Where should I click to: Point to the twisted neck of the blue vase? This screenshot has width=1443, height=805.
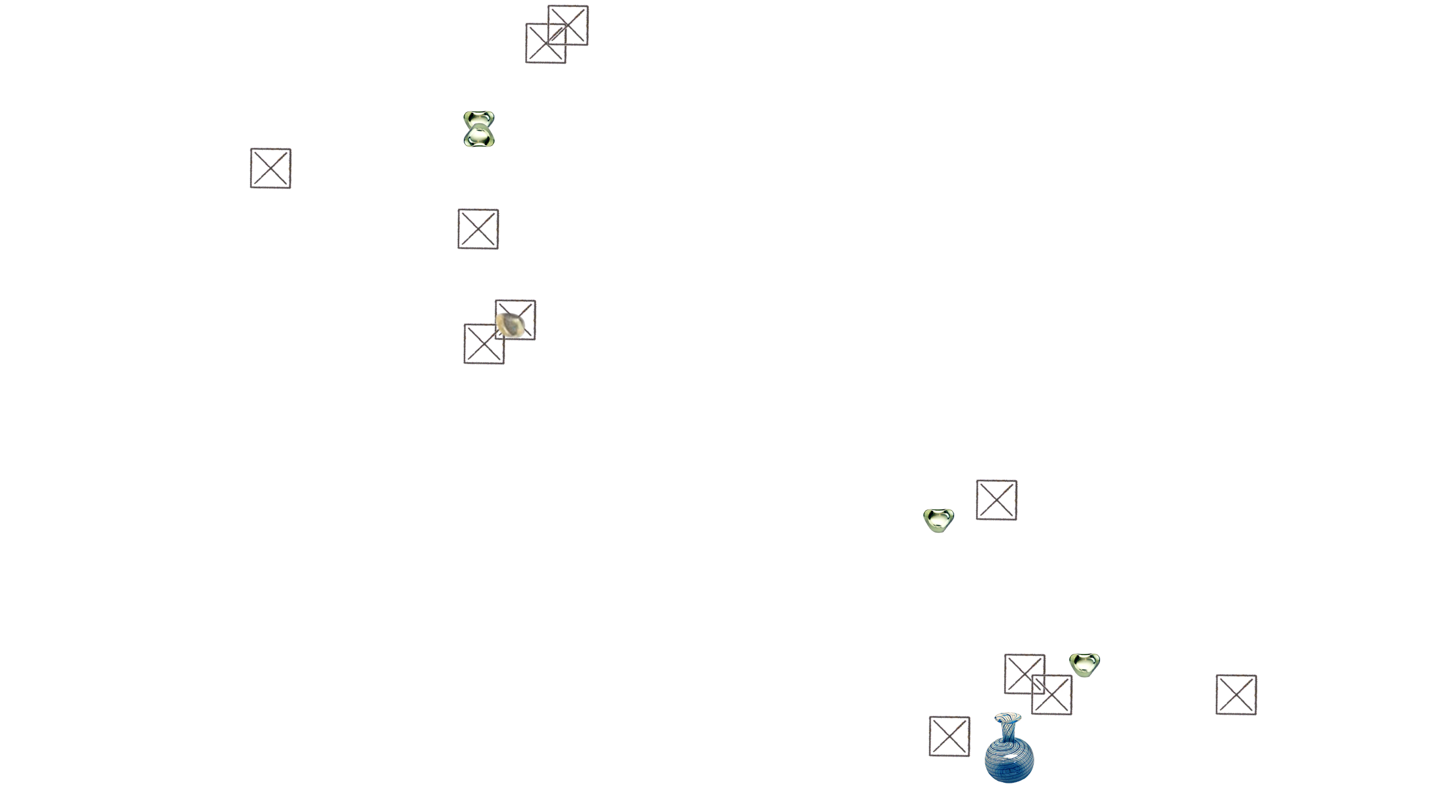[x=1008, y=729]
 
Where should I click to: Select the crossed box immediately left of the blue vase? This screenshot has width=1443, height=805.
[x=950, y=736]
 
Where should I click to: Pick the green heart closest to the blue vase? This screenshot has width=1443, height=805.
[x=1084, y=664]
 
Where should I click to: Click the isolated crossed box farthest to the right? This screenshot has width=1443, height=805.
[x=1236, y=695]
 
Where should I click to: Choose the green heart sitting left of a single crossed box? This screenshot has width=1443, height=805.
[x=938, y=520]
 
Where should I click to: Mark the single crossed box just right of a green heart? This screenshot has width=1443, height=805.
[x=997, y=499]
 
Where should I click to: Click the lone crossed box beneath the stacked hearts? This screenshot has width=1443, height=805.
[x=478, y=229]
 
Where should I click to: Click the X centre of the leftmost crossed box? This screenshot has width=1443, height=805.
[x=271, y=168]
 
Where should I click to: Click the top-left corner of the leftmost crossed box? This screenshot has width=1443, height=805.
[x=251, y=150]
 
